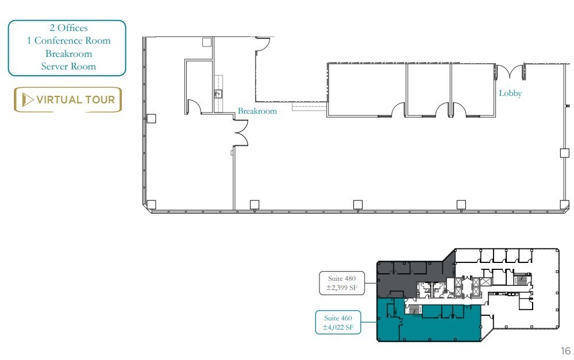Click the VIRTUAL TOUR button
tap(68, 99)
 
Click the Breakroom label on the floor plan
tap(257, 111)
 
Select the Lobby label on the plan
tap(510, 93)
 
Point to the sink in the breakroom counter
tap(218, 94)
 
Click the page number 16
tap(565, 351)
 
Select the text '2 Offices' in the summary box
tap(67, 28)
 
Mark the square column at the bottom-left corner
tap(152, 204)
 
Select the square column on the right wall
tap(564, 153)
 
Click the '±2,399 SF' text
tap(341, 288)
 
